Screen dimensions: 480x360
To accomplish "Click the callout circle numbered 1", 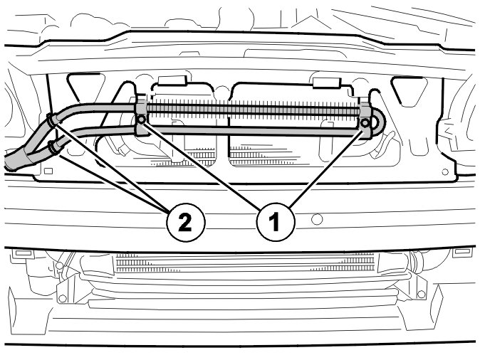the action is click(276, 223).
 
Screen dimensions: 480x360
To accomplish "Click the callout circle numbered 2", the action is click(185, 223).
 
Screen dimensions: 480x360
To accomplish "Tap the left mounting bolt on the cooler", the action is click(141, 120).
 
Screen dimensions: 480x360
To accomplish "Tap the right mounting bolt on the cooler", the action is click(365, 123).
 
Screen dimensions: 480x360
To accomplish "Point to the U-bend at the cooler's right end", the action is click(378, 123).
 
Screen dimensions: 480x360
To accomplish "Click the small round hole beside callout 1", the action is click(316, 219).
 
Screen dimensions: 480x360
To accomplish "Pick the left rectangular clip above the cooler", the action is click(172, 80).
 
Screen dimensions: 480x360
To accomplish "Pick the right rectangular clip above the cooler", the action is click(326, 83).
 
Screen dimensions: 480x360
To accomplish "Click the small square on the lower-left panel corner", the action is click(48, 171).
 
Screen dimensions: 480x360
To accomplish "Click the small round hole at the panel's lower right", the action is click(445, 172).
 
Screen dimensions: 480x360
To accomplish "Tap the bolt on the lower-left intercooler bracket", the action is click(63, 299).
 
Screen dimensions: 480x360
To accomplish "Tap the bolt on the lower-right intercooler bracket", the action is click(422, 295).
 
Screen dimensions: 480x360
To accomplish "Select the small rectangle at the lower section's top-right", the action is click(462, 251).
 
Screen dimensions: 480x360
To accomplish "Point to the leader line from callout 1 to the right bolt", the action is click(327, 167).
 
